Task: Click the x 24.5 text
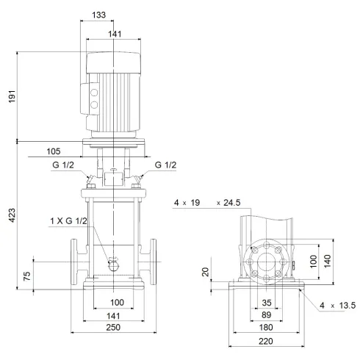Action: (229, 202)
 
